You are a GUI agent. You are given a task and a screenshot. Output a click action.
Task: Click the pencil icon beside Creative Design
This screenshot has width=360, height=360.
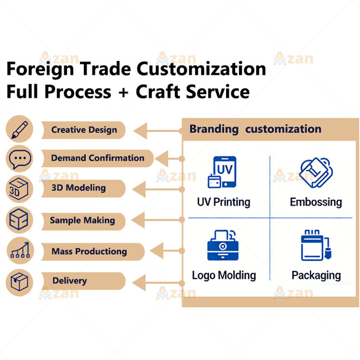point(20,129)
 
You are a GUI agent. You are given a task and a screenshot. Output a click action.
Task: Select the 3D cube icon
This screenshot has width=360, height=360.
point(19,189)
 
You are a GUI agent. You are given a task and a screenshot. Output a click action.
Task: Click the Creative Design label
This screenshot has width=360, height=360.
point(84,130)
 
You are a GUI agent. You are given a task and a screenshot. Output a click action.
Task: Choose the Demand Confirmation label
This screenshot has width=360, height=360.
point(98,158)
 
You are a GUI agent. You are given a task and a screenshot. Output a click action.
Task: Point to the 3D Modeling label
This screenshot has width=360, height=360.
point(78,188)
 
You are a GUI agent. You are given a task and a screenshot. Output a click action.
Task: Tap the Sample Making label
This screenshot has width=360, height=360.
point(82,221)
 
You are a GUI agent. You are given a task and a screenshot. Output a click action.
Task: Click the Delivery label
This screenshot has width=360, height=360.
point(70,281)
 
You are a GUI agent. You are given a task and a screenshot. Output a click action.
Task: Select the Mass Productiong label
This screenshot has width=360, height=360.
point(89,252)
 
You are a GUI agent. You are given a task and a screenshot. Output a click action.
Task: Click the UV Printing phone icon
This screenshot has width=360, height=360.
point(222,172)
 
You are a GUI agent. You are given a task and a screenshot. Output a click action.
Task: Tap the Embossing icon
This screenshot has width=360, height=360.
point(316,172)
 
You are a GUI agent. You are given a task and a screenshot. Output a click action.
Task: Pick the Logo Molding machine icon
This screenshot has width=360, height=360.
point(223,245)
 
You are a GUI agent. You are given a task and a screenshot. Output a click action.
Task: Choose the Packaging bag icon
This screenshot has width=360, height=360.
point(316,245)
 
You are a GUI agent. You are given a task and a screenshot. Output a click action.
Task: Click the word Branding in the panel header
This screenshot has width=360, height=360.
point(214,129)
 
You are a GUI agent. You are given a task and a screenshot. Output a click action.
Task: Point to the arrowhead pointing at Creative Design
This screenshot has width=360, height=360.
point(140,131)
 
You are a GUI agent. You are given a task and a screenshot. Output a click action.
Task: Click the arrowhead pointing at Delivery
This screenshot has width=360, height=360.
point(139,283)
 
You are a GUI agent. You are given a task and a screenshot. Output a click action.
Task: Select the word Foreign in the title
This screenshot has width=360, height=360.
point(40,69)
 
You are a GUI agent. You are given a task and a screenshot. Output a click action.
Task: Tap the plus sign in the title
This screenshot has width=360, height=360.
point(123,93)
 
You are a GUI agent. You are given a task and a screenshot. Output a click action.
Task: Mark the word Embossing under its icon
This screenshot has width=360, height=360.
point(316,202)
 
